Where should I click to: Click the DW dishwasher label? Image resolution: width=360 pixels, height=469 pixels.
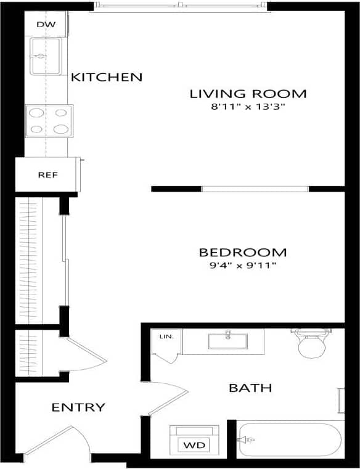(x=46, y=25)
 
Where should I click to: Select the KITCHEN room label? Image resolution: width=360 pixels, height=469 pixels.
(x=107, y=78)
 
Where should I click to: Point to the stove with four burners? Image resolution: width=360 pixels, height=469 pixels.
(x=49, y=120)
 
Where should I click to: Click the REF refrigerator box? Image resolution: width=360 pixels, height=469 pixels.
(x=47, y=174)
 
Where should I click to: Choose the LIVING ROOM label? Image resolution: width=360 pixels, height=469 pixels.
(x=248, y=94)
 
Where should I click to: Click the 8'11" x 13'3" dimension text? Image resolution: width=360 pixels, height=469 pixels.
(x=248, y=107)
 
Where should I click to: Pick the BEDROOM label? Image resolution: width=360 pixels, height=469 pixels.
(x=243, y=253)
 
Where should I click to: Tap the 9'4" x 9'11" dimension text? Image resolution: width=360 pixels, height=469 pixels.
(x=243, y=266)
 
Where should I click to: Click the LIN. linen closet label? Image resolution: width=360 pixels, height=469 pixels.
(x=166, y=336)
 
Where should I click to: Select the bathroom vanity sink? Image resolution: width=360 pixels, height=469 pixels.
(x=227, y=340)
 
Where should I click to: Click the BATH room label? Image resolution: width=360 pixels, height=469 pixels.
(x=250, y=388)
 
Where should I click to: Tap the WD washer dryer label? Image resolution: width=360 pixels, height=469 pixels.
(x=193, y=444)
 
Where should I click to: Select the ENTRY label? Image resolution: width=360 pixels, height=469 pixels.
(x=78, y=407)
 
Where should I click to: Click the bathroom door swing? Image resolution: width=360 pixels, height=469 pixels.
(x=173, y=394)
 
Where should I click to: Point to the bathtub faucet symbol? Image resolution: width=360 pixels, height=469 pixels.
(x=248, y=439)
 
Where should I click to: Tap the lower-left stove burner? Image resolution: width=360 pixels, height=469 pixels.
(x=37, y=129)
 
